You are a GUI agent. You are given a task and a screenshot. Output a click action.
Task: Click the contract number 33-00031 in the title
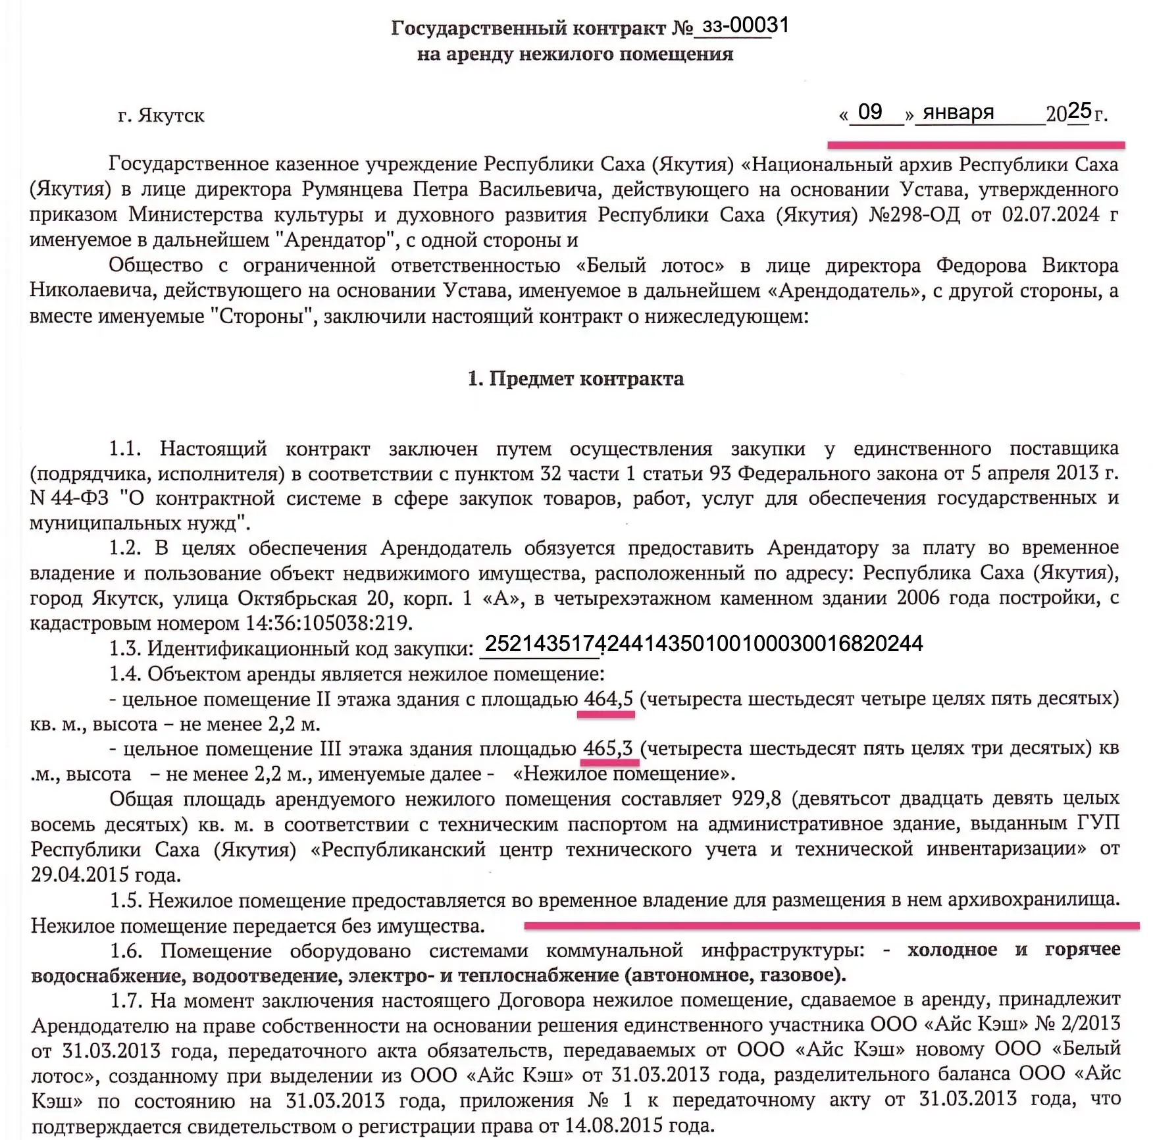point(745,26)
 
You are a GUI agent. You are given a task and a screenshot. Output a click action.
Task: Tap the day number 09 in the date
point(869,112)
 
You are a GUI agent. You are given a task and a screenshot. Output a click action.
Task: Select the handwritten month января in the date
point(958,113)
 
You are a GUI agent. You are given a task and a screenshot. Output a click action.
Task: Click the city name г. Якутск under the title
point(161,116)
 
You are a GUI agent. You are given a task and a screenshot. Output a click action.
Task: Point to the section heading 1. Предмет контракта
point(576,379)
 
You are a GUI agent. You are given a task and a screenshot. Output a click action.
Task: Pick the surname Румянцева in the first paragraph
point(353,190)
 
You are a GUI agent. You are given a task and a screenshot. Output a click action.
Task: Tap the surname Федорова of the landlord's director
point(981,266)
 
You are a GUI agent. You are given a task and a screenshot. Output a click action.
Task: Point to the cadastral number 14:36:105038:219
point(329,623)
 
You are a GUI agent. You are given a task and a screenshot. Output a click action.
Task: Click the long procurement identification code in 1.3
point(704,644)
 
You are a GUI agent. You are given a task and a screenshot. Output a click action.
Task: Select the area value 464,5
point(608,698)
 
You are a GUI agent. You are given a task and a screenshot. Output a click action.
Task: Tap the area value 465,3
point(608,749)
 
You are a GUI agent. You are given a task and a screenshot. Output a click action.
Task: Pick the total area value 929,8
point(757,799)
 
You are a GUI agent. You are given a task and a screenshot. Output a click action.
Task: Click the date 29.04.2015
point(80,875)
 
